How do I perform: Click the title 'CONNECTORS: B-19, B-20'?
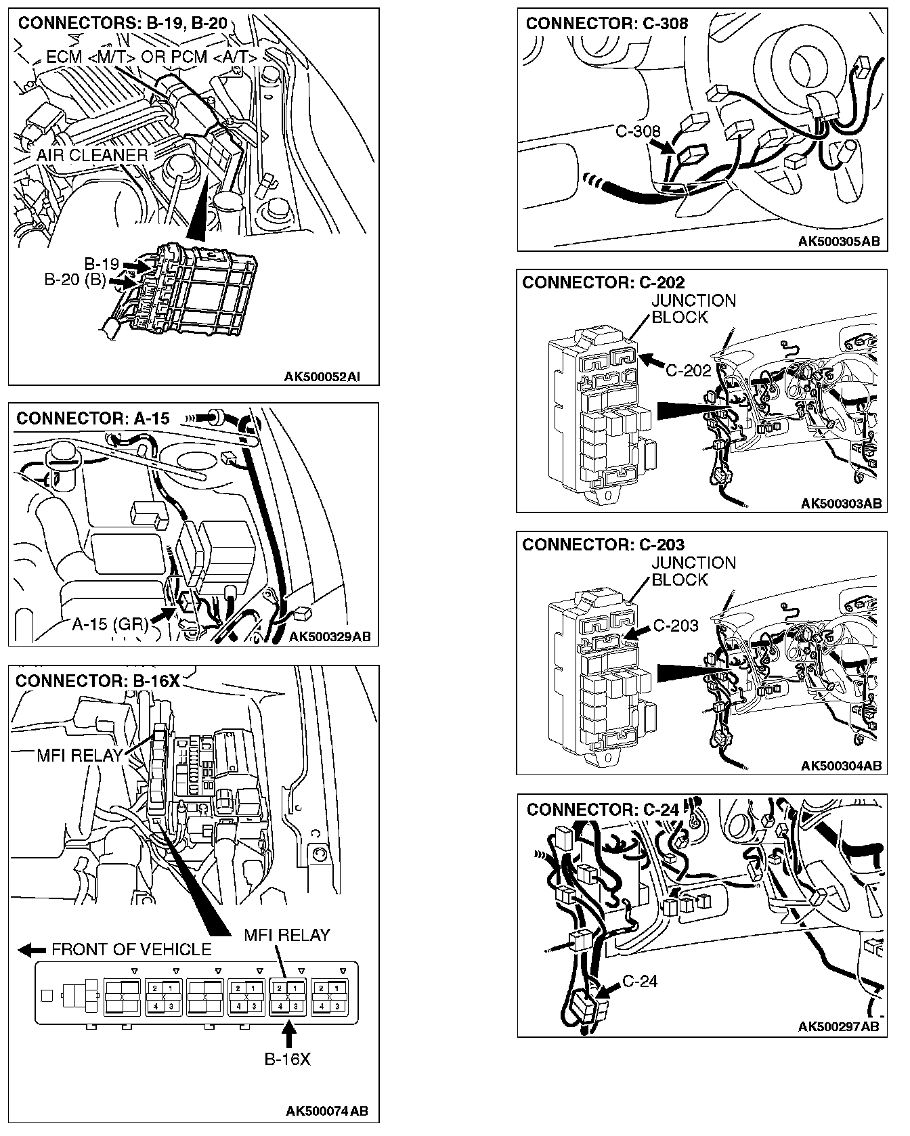click(123, 23)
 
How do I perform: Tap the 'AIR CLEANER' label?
click(92, 155)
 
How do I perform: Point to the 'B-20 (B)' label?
click(75, 280)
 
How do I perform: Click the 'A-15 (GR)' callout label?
click(110, 624)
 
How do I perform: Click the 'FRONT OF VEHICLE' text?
click(131, 949)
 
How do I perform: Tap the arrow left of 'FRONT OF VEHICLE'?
click(32, 950)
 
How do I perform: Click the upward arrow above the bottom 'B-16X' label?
click(289, 1036)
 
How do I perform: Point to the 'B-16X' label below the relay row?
click(287, 1059)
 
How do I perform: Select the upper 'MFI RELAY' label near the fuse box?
click(80, 755)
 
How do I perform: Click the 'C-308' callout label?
click(638, 131)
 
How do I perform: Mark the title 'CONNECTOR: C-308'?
click(607, 23)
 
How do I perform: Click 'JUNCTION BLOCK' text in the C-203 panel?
click(693, 571)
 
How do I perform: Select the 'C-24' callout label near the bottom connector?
click(640, 981)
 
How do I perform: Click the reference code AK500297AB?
click(839, 1026)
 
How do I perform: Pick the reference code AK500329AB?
click(329, 636)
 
